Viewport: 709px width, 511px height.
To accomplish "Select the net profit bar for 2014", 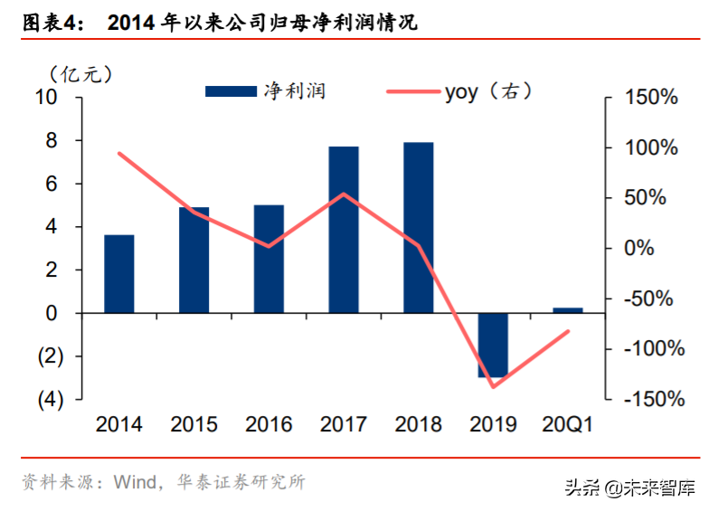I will click(x=118, y=273).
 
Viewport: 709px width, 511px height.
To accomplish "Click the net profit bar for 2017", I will click(x=344, y=230).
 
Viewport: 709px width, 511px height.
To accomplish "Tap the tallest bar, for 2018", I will click(x=418, y=227).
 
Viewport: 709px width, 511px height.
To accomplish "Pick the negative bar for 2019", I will click(x=493, y=345).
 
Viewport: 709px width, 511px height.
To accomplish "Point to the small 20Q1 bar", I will click(x=567, y=310).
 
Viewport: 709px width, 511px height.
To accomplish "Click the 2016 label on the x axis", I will click(x=269, y=424).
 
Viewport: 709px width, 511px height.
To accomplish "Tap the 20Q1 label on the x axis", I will click(x=567, y=424).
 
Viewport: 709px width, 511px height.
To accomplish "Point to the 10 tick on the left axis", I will click(x=45, y=98).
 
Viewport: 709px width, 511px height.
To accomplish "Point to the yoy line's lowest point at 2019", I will click(x=493, y=387).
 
